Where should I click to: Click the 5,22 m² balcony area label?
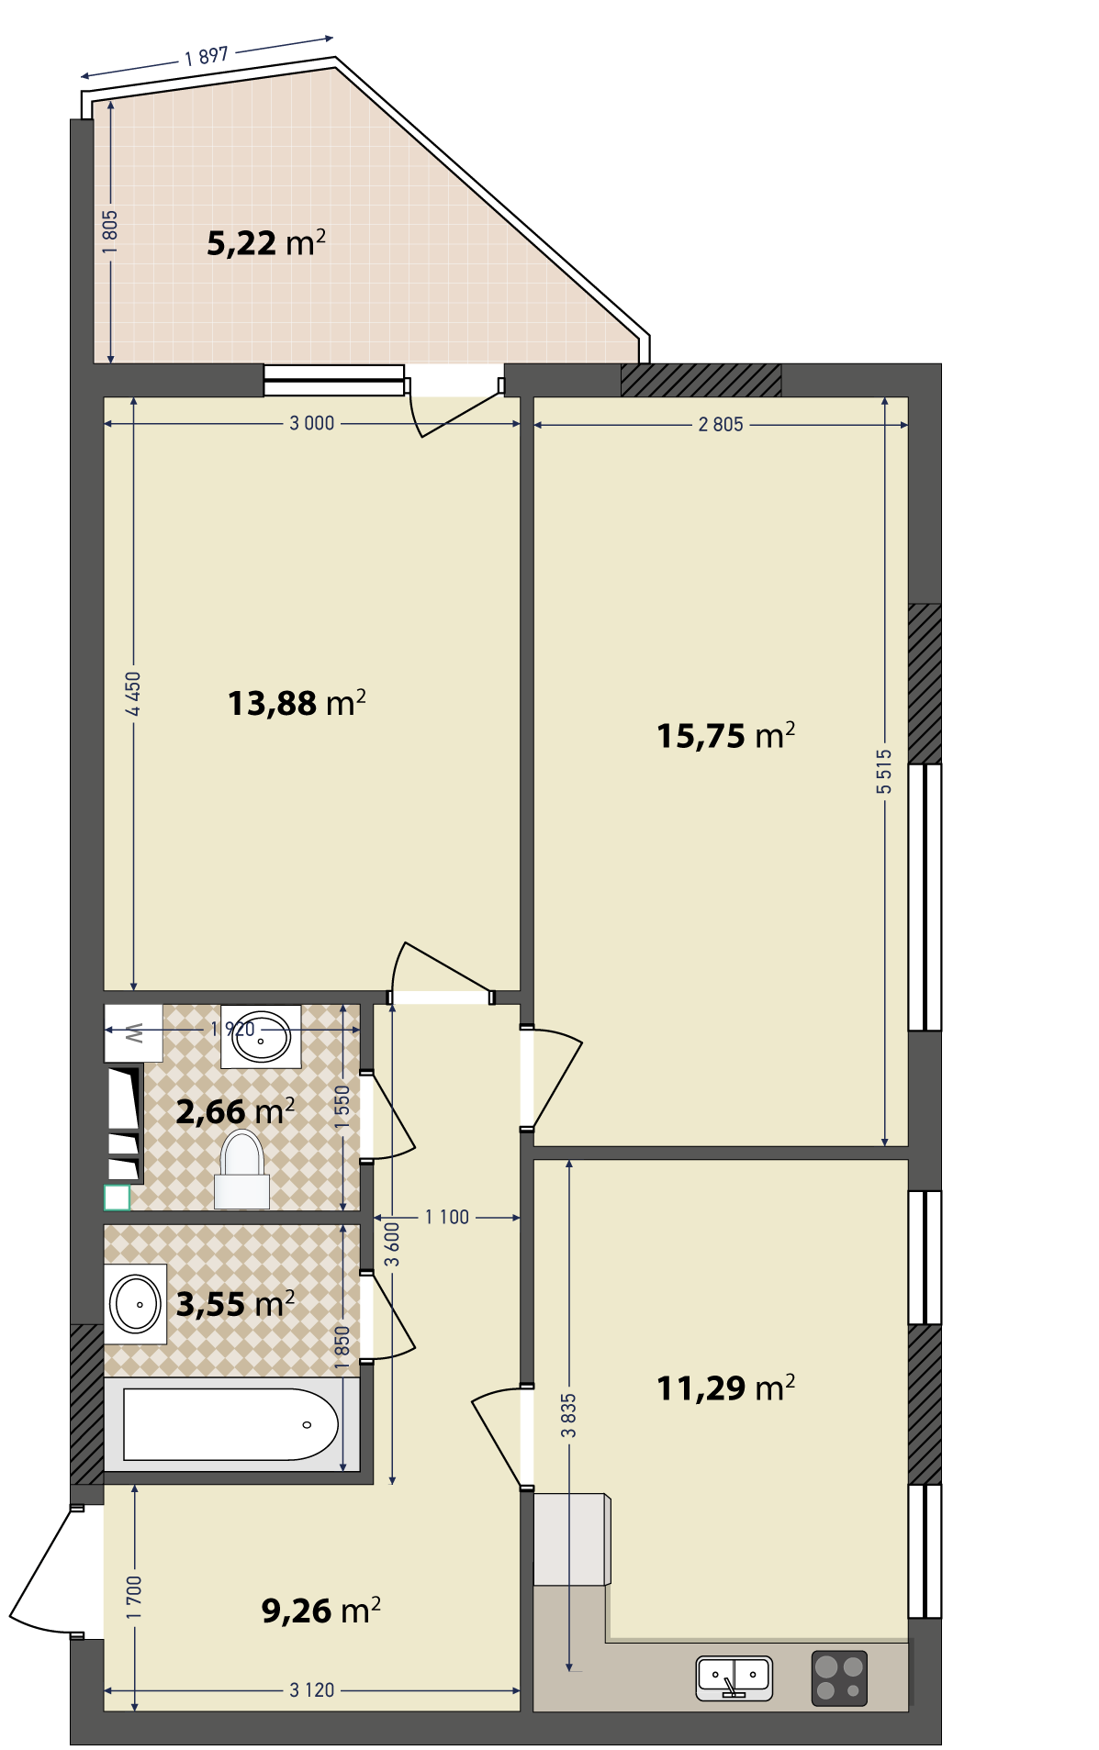266,242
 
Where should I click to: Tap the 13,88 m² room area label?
297,703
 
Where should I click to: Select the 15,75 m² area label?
725,735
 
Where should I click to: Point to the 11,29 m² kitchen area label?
725,1387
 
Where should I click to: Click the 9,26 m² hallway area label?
320,1610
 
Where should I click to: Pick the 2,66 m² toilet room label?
235,1111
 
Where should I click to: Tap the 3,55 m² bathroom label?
235,1303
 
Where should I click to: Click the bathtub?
230,1423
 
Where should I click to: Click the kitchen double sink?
734,1677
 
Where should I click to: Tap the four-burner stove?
839,1678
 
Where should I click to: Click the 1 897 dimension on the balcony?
207,56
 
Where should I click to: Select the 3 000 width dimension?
312,423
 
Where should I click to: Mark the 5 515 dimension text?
884,771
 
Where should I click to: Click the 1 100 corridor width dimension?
447,1217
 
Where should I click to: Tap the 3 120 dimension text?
312,1689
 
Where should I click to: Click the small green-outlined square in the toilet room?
117,1198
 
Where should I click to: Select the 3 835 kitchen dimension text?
569,1415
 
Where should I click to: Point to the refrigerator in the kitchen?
572,1539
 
